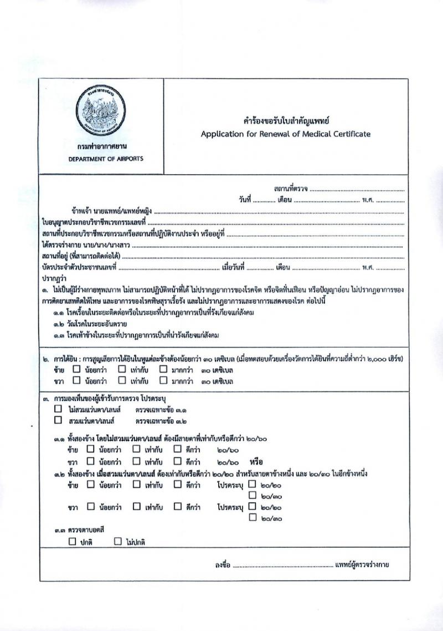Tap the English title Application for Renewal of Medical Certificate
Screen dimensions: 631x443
(286, 134)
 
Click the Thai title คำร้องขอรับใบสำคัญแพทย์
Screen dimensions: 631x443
(286, 120)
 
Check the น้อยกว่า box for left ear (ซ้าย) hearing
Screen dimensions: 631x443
(77, 370)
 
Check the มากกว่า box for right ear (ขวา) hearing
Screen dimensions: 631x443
(163, 381)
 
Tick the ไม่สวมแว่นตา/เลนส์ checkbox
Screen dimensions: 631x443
(58, 409)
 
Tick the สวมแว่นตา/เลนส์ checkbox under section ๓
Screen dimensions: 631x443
(58, 420)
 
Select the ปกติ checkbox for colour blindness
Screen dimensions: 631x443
(73, 542)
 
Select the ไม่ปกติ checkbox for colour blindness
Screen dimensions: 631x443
(117, 542)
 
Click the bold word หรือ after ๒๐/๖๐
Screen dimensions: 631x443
(256, 461)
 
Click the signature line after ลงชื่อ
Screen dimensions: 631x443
(282, 565)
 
